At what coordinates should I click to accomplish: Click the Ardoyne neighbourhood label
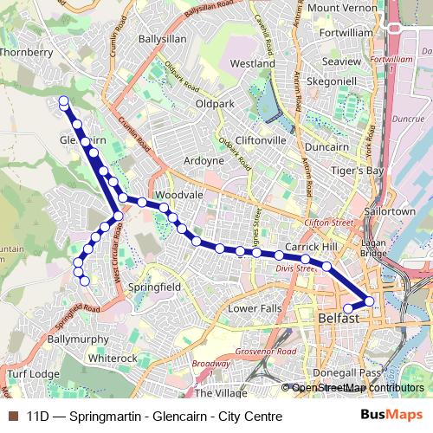tap(204, 160)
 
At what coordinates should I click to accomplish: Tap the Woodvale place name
tap(179, 195)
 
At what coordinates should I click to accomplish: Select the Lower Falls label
tap(255, 308)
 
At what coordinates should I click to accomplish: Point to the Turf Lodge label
tap(33, 373)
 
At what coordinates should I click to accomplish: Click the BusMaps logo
tap(391, 416)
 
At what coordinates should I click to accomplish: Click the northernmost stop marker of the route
tap(63, 101)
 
